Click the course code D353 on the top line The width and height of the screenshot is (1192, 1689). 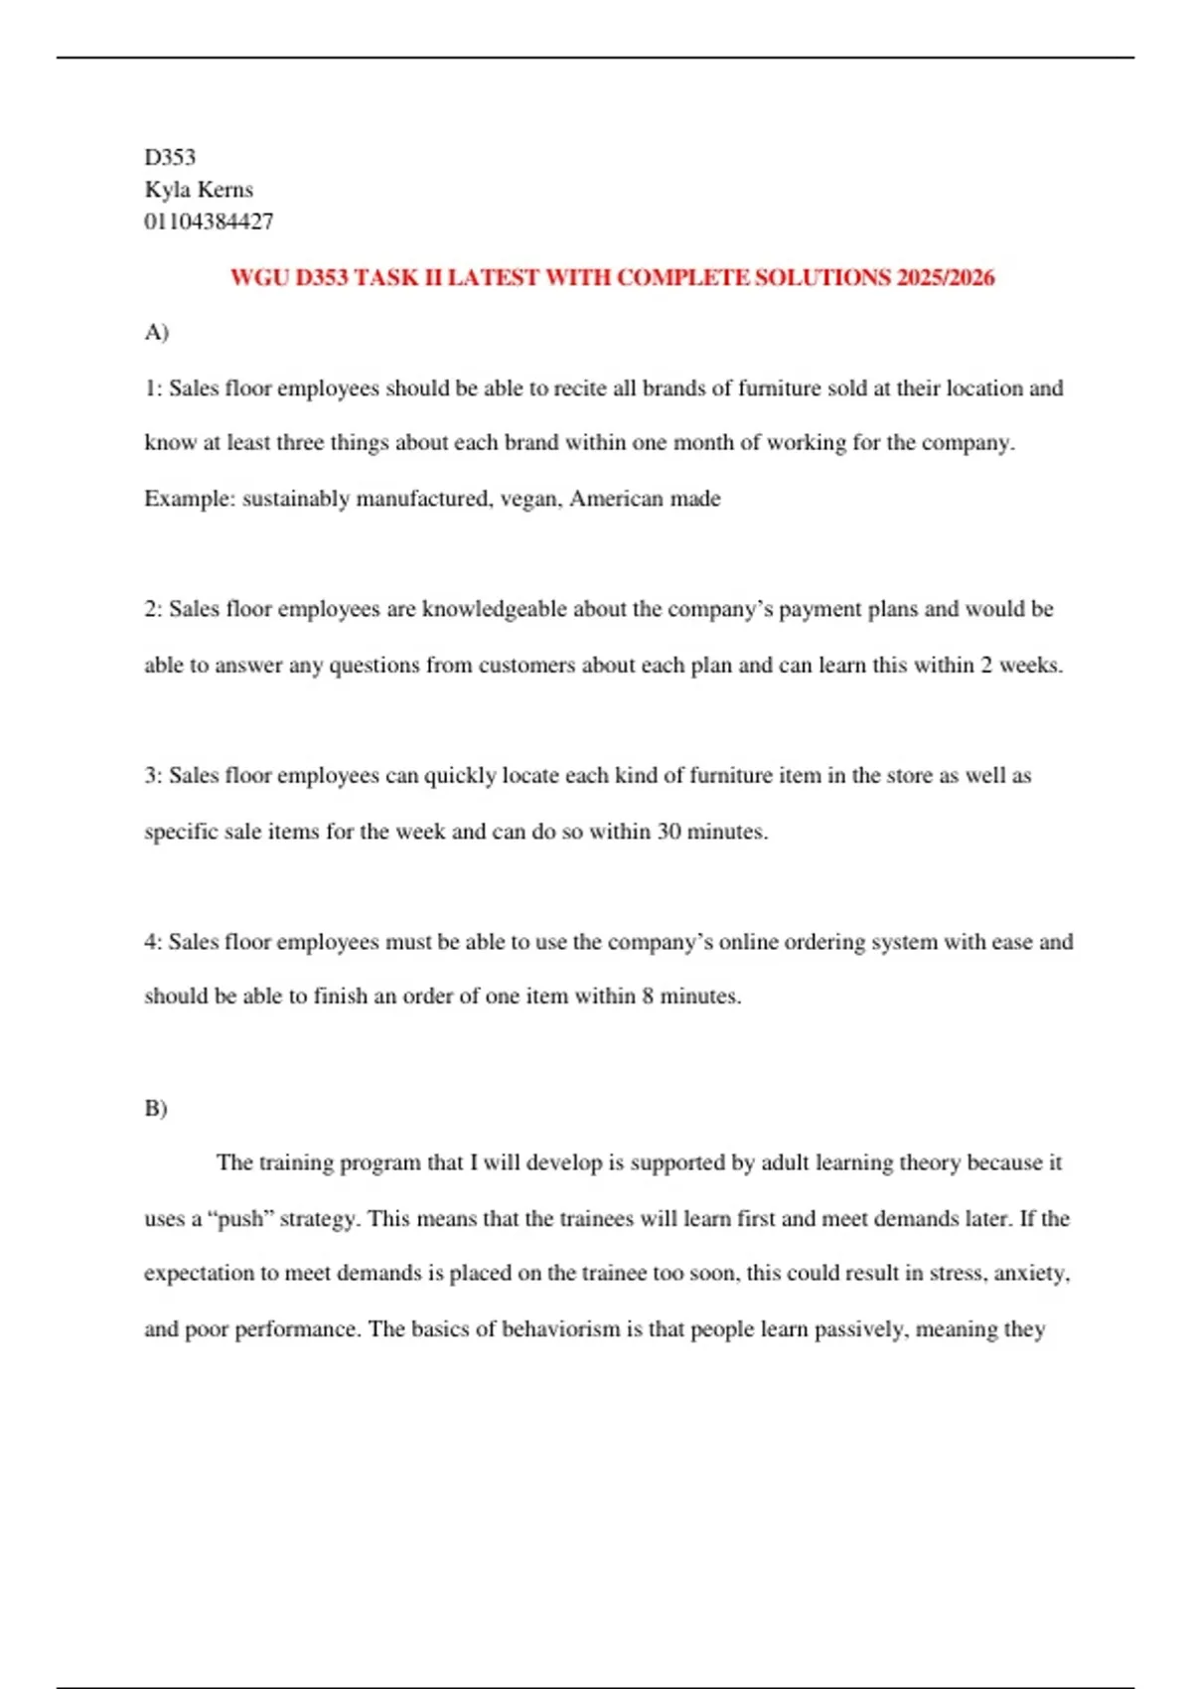tap(170, 157)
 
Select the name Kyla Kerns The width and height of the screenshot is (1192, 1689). tap(199, 190)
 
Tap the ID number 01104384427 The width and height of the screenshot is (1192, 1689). tap(209, 222)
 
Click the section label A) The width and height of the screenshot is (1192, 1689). tap(157, 332)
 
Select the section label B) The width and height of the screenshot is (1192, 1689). tap(156, 1108)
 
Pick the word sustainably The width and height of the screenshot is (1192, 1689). tap(295, 499)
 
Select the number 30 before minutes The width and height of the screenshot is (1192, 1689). tap(669, 832)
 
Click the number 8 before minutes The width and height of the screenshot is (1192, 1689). tap(648, 997)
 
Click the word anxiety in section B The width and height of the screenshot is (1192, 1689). tap(1031, 1274)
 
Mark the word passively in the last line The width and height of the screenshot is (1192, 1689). tap(858, 1329)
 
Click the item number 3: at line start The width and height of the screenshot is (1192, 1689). tap(153, 776)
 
